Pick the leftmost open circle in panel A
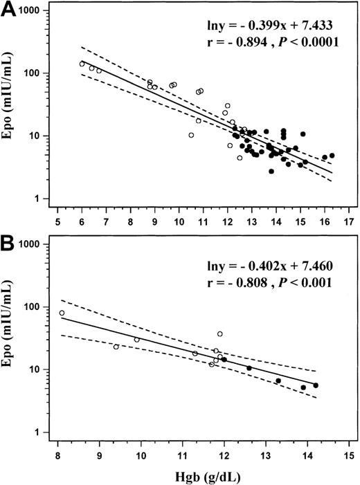pyautogui.click(x=82, y=64)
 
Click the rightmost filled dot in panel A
pyautogui.click(x=332, y=156)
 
